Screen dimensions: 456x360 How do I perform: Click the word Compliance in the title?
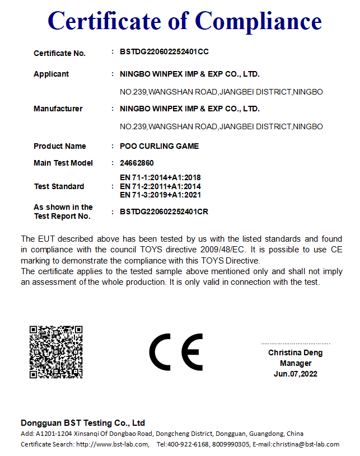point(259,21)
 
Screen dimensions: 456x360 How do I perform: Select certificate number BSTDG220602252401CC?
point(164,52)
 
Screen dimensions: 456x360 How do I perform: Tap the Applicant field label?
point(51,74)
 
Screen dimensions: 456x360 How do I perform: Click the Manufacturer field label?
point(58,109)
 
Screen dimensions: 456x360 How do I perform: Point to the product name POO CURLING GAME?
point(159,146)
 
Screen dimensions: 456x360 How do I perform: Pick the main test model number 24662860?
point(137,163)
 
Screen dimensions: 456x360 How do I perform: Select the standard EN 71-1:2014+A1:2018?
point(160,177)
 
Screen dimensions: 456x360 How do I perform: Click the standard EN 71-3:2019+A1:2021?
point(160,195)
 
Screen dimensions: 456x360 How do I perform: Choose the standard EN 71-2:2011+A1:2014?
point(160,186)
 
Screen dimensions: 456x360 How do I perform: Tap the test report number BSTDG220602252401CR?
point(164,212)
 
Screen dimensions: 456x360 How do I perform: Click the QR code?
point(56,352)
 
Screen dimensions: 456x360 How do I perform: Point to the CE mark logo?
point(175,352)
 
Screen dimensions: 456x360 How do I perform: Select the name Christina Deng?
point(295,353)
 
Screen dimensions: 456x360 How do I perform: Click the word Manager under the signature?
point(296,363)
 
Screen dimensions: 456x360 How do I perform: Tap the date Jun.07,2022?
point(296,374)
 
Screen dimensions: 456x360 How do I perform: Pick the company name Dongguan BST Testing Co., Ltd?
point(83,423)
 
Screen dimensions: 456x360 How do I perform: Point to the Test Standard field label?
point(59,186)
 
